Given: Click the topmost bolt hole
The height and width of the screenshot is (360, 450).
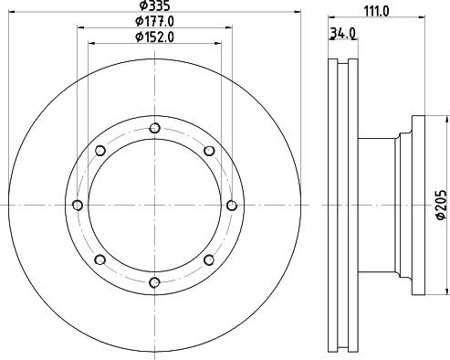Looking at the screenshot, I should coord(154,128).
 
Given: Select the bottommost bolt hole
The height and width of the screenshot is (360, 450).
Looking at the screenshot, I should coord(154,281).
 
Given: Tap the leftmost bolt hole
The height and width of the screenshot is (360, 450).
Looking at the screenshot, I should coord(78,205).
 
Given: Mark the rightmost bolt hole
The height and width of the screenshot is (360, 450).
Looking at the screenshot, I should coord(231,205).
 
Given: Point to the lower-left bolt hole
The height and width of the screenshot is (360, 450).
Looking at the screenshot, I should coord(99,259).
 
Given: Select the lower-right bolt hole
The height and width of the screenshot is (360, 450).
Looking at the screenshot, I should coord(209,259).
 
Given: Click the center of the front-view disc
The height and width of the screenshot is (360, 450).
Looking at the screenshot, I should coord(154,205).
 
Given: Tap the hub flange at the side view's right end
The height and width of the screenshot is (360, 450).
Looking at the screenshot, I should coord(419,205).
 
